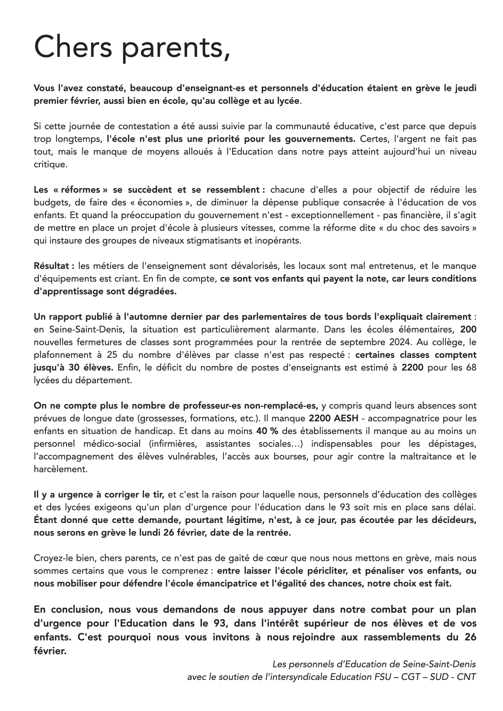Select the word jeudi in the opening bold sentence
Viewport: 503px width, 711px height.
[x=464, y=89]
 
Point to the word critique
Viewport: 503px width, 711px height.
[x=51, y=164]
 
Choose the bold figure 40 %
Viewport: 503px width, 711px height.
[x=267, y=431]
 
